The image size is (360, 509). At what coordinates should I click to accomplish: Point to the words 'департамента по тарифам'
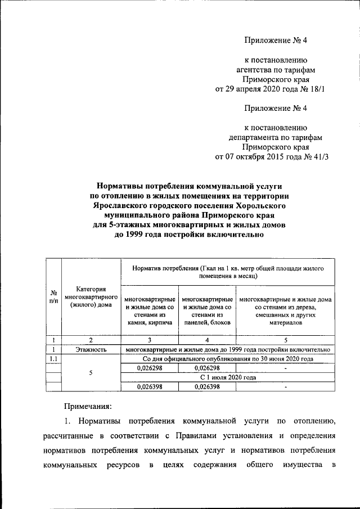[275, 137]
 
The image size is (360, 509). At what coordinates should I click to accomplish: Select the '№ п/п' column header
[53, 297]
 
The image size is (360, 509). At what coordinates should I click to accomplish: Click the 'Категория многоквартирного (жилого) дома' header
[91, 296]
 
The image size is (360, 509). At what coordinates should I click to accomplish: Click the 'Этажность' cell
[91, 349]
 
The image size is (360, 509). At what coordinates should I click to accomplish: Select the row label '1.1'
[53, 358]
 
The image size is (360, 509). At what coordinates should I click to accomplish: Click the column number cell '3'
[150, 340]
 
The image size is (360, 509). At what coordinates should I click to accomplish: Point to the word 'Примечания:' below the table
[87, 406]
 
